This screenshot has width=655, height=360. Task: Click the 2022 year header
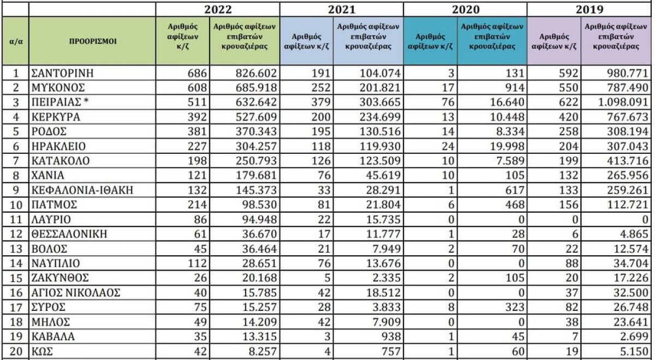(217, 9)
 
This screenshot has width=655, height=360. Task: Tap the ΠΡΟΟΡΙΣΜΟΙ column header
(92, 41)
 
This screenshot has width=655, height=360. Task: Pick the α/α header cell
(16, 41)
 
